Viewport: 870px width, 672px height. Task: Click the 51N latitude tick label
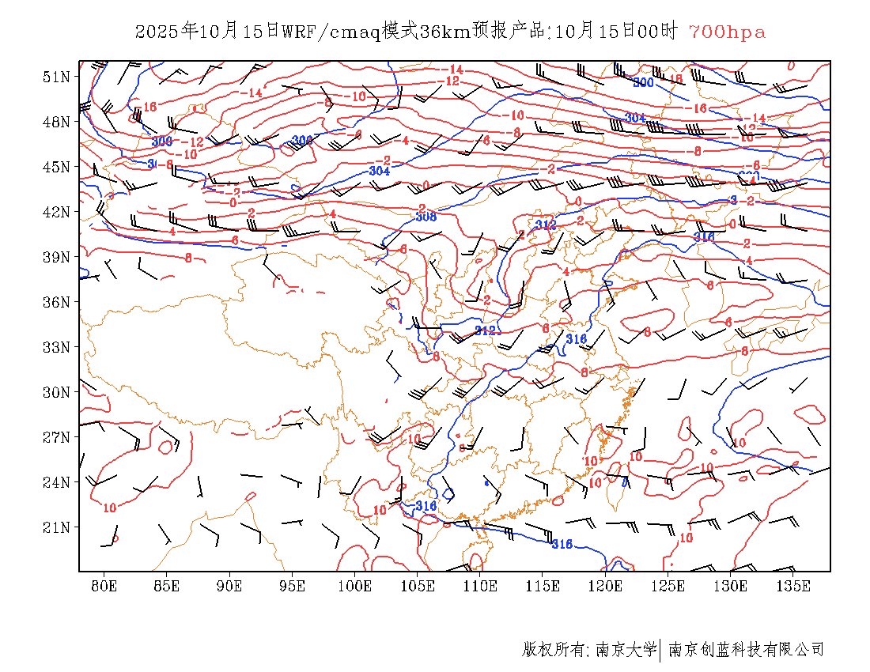[x=57, y=77]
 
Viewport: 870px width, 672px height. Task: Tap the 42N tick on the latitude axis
[x=57, y=212]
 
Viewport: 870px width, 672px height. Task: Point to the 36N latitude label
[x=57, y=302]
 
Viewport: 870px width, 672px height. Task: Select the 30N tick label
[x=57, y=392]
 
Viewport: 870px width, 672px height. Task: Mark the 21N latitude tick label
[x=57, y=527]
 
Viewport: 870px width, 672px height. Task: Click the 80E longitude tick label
[x=104, y=586]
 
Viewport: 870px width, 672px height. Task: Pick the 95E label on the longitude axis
[x=292, y=586]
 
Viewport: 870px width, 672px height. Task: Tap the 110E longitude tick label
[x=480, y=586]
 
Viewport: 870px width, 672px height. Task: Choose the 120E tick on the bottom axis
[x=605, y=586]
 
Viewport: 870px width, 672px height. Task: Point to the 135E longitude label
[x=793, y=586]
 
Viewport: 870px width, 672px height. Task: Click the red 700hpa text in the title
[x=727, y=32]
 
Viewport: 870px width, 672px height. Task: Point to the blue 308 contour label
[x=426, y=217]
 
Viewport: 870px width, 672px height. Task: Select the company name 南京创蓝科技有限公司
[x=746, y=650]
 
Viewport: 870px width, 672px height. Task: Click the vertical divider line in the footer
[x=660, y=650]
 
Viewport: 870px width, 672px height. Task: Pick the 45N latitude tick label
[x=57, y=167]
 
